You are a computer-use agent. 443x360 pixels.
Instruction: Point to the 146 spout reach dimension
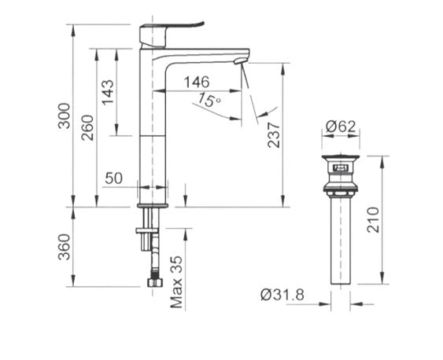click(198, 82)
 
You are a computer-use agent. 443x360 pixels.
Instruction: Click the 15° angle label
click(209, 101)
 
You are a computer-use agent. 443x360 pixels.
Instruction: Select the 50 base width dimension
click(113, 178)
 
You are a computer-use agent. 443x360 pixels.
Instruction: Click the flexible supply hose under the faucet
click(151, 252)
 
